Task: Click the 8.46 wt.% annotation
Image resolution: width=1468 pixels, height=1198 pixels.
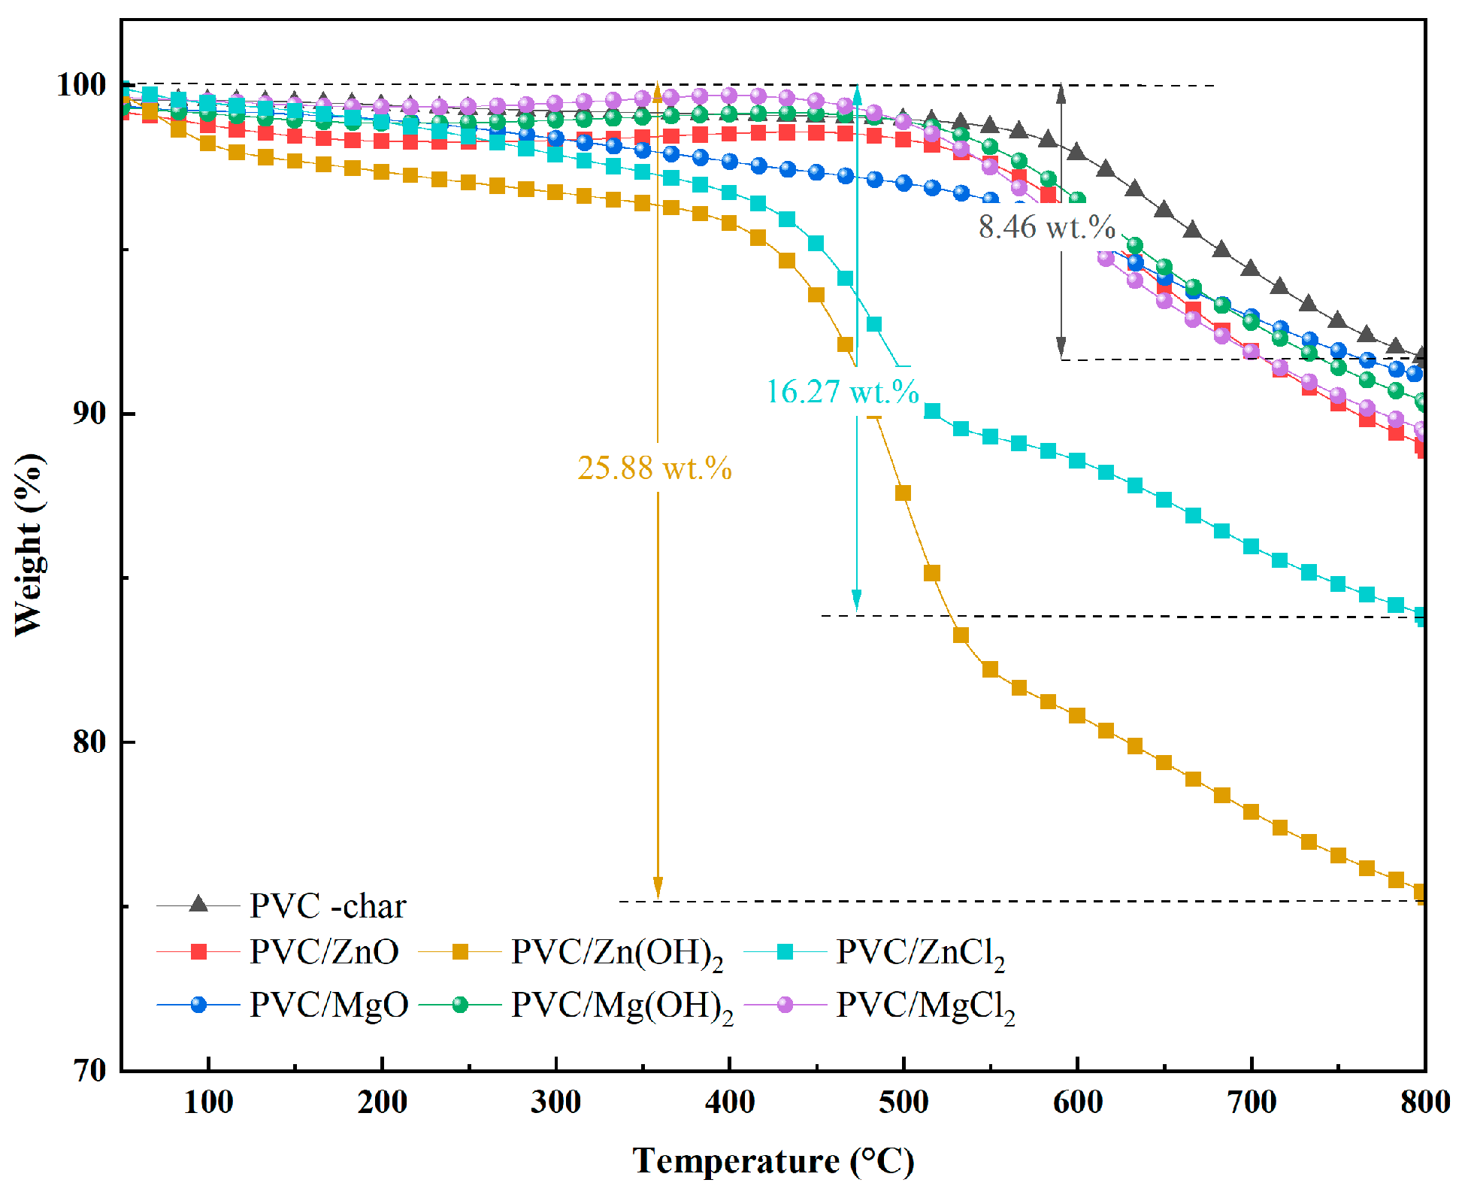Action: pyautogui.click(x=1046, y=227)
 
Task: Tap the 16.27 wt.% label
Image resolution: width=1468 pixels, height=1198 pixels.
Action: pyautogui.click(x=842, y=392)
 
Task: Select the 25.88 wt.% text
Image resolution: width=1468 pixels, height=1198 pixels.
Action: pyautogui.click(x=654, y=469)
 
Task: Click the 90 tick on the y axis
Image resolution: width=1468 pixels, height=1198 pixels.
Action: pyautogui.click(x=89, y=414)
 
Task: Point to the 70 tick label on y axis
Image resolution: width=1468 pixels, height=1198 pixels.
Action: pyautogui.click(x=89, y=1070)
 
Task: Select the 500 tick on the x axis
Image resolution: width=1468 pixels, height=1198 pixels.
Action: pyautogui.click(x=904, y=1103)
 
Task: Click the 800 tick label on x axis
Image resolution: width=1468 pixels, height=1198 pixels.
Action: pyautogui.click(x=1424, y=1103)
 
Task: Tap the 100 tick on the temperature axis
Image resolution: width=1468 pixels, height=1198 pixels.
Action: pyautogui.click(x=208, y=1103)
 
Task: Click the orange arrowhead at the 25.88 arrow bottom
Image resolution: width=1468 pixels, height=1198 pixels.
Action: pyautogui.click(x=658, y=889)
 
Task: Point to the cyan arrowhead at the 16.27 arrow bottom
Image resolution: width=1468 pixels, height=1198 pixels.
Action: pyautogui.click(x=857, y=602)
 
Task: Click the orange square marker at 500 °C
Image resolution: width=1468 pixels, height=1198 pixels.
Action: pyautogui.click(x=903, y=493)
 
